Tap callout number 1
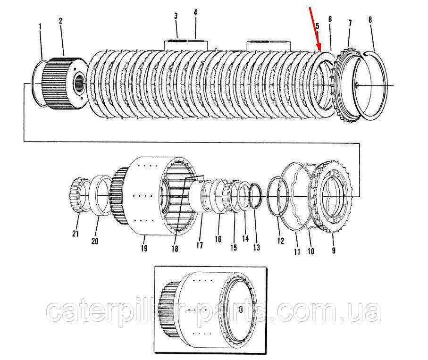(x=40, y=27)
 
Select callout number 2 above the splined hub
(x=60, y=21)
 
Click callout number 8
(x=370, y=20)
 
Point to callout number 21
(x=76, y=234)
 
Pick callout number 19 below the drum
(x=144, y=248)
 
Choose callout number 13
(x=257, y=247)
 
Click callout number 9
(x=334, y=250)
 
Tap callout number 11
(x=297, y=251)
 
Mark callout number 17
(x=200, y=245)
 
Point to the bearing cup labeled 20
(x=100, y=196)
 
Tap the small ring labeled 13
(x=256, y=195)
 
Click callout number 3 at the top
(x=176, y=16)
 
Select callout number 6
(x=330, y=19)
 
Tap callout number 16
(x=218, y=239)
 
